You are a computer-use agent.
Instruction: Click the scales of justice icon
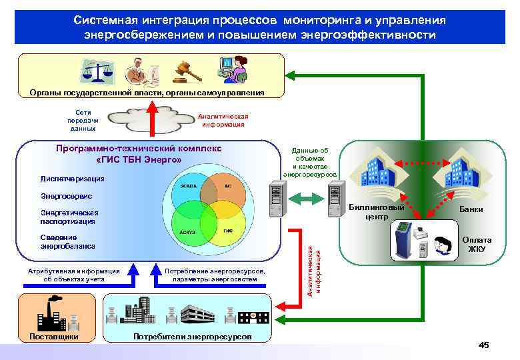tap(93, 71)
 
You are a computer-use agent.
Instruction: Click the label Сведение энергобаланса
tap(67, 242)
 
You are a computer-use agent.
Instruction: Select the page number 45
tap(484, 345)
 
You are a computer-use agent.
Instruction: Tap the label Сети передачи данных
tap(83, 120)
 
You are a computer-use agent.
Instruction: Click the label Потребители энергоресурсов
tap(193, 336)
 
